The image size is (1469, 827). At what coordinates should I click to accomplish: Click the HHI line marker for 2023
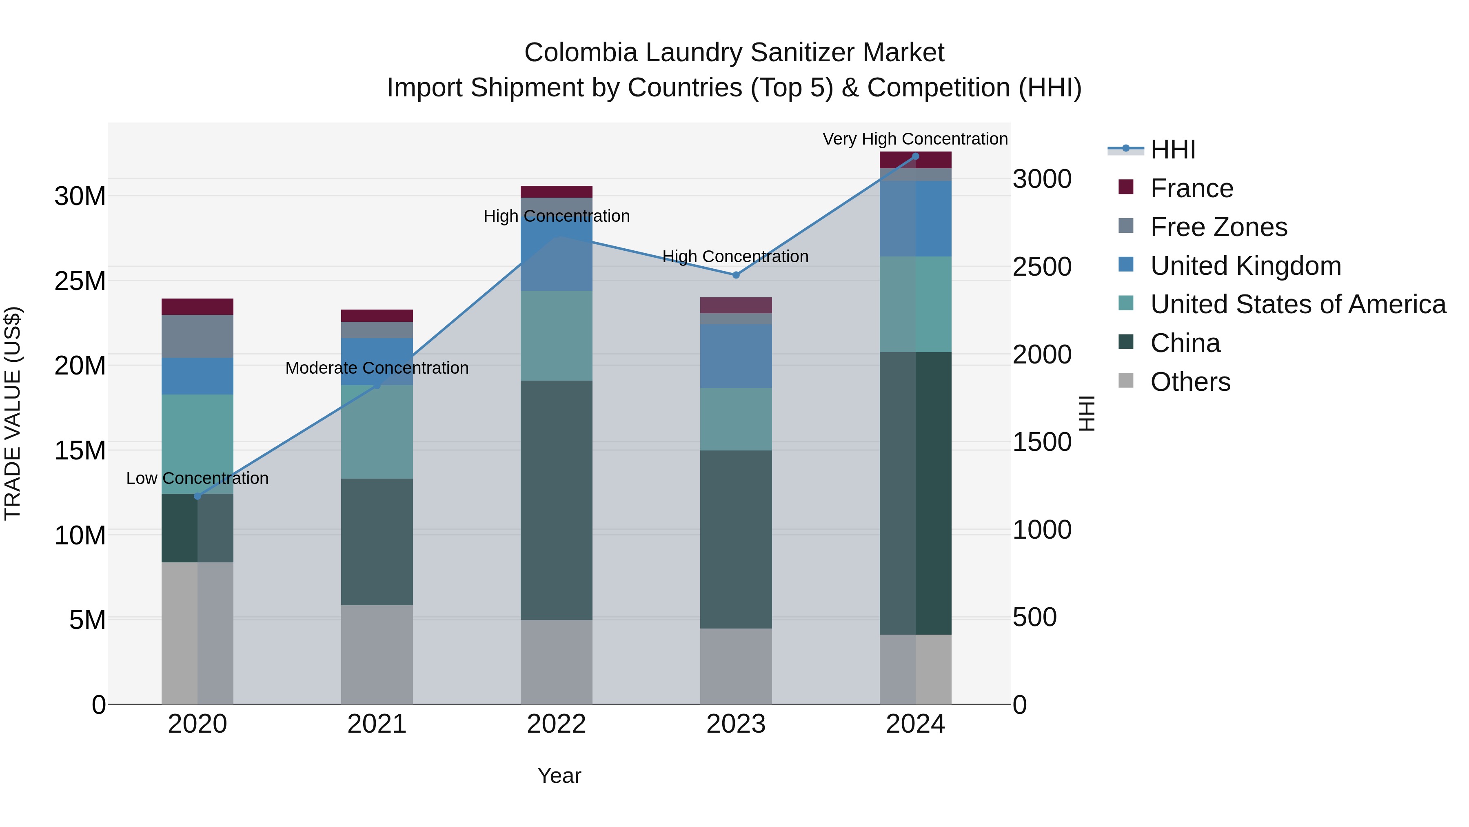[x=736, y=275]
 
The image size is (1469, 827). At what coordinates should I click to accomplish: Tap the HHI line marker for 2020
[x=197, y=496]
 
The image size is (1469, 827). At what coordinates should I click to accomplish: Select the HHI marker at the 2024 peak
[x=915, y=156]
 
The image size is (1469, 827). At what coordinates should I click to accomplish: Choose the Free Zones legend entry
[x=1218, y=227]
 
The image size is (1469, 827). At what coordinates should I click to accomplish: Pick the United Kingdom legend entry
[x=1245, y=266]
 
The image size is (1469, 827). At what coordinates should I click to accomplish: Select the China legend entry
[x=1185, y=343]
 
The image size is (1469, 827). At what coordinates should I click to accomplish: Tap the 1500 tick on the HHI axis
[x=1042, y=442]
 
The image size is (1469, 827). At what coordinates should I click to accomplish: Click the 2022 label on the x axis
[x=556, y=724]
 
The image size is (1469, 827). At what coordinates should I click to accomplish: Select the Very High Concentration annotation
[x=915, y=139]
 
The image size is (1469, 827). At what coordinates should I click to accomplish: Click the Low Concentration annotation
[x=197, y=478]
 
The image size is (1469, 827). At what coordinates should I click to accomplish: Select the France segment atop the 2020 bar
[x=197, y=306]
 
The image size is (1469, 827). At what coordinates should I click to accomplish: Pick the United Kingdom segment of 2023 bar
[x=736, y=356]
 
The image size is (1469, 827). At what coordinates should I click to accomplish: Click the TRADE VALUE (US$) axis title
[x=13, y=413]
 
